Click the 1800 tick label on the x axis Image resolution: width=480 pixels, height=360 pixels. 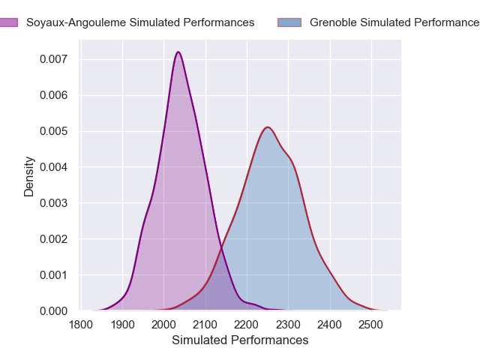pos(82,325)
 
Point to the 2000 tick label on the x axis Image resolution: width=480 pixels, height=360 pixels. pos(164,325)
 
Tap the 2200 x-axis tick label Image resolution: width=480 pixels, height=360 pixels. pos(247,325)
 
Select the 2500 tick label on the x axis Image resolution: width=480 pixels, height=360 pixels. pos(370,325)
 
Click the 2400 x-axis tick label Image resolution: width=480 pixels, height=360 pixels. pos(329,325)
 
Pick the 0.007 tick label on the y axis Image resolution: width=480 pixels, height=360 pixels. pos(54,59)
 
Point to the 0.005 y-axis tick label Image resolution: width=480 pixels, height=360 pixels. pos(54,131)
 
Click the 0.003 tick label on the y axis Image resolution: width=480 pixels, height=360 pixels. pos(54,203)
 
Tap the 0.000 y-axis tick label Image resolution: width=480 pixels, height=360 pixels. pos(54,310)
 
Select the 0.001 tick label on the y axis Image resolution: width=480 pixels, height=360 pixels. pos(54,274)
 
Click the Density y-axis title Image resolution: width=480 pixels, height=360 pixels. pos(29,176)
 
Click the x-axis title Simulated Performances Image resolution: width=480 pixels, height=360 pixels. pos(240,340)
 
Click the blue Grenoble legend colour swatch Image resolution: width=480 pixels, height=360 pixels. pos(289,22)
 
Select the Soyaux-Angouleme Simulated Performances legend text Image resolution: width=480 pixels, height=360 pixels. pos(140,22)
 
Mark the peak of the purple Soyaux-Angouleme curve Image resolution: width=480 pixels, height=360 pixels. pos(178,52)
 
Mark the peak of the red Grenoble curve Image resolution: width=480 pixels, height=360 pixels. pos(267,127)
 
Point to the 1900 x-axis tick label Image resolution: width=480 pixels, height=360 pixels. pos(123,325)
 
